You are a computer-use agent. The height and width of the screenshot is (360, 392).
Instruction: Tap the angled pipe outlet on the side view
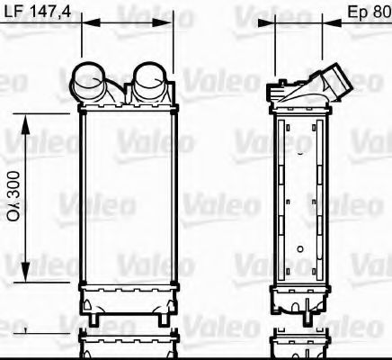tap(336, 80)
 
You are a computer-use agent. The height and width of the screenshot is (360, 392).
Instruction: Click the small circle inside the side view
tap(298, 245)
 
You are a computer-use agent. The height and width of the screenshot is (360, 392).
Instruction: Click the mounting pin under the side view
tap(308, 317)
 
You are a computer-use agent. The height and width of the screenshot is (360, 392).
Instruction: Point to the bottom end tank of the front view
tap(127, 297)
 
